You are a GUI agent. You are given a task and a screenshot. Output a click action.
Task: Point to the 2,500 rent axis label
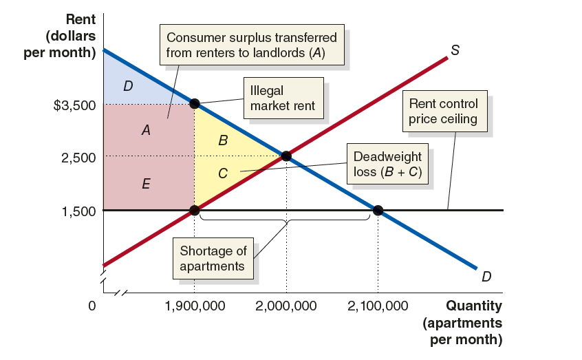pyautogui.click(x=78, y=158)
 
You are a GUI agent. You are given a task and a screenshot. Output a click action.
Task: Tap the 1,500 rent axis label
pyautogui.click(x=78, y=211)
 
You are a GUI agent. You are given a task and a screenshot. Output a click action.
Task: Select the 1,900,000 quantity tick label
pyautogui.click(x=195, y=306)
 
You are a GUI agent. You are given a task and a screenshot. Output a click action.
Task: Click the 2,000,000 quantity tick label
pyautogui.click(x=286, y=306)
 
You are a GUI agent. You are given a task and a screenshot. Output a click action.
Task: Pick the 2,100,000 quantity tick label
pyautogui.click(x=378, y=306)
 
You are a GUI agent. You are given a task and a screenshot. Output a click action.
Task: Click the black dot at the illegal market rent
pyautogui.click(x=195, y=104)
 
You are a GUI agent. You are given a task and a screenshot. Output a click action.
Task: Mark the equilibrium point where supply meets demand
pyautogui.click(x=286, y=156)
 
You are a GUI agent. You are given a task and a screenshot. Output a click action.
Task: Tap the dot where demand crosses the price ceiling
pyautogui.click(x=378, y=209)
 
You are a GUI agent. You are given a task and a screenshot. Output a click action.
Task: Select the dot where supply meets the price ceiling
pyautogui.click(x=195, y=209)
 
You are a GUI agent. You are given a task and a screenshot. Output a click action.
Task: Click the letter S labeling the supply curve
pyautogui.click(x=455, y=50)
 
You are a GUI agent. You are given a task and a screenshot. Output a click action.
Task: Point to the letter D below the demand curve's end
pyautogui.click(x=486, y=277)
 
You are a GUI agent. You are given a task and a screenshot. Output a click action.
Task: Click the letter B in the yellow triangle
pyautogui.click(x=222, y=141)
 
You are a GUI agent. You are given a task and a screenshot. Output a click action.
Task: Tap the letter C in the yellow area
pyautogui.click(x=223, y=174)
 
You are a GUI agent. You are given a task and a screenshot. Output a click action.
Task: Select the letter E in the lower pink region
pyautogui.click(x=146, y=184)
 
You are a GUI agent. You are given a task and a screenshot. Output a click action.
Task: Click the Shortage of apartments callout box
pyautogui.click(x=213, y=259)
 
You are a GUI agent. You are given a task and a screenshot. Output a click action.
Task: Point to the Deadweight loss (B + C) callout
pyautogui.click(x=387, y=165)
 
